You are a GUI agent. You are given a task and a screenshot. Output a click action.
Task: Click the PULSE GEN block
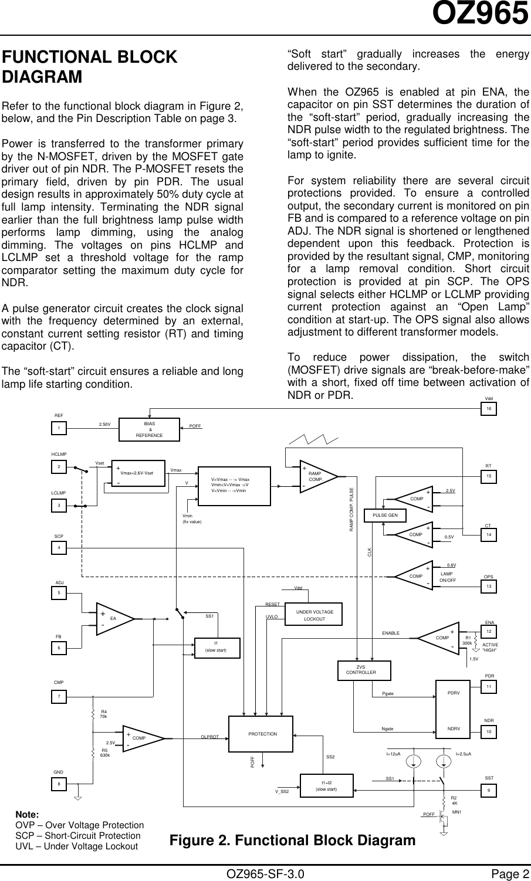click(385, 516)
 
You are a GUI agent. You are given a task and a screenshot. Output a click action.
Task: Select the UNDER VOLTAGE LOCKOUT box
click(314, 615)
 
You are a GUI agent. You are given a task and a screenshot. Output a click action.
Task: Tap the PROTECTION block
click(261, 734)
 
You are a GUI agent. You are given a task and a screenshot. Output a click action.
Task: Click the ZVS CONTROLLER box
click(364, 670)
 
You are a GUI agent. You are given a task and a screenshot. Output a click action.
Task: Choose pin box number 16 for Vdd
click(489, 409)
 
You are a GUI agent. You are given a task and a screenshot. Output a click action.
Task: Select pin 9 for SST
click(489, 791)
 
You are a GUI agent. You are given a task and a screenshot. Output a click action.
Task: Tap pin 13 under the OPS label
click(489, 587)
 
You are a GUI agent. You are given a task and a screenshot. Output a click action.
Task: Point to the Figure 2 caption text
click(292, 840)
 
